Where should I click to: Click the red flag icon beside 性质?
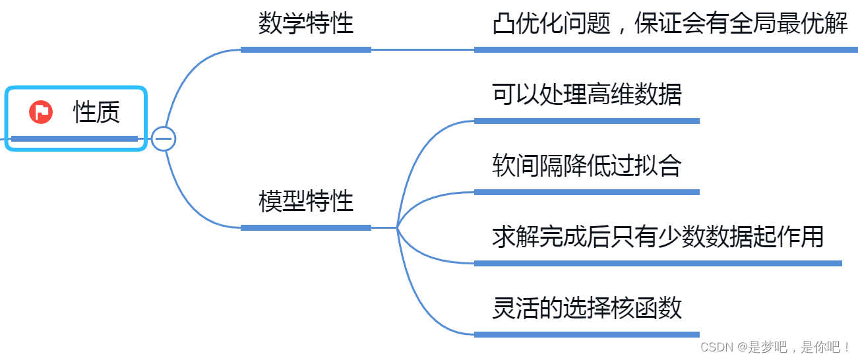coord(41,112)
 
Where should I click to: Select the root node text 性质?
coord(96,113)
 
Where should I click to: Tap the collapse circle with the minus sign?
coord(163,138)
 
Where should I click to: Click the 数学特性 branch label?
coord(306,24)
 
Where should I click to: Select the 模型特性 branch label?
coord(306,201)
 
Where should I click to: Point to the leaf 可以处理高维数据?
coord(587,95)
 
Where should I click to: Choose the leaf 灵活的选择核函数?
coord(587,309)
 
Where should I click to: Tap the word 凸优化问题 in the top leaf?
coord(551,24)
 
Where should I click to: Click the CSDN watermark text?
coord(776,347)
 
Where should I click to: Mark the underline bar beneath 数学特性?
coord(306,49)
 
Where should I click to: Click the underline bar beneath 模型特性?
coord(306,227)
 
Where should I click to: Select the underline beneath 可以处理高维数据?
coord(587,121)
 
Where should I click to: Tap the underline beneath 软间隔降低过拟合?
coord(587,192)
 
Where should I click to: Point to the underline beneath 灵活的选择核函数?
coord(587,334)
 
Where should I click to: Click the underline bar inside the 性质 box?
coord(75,138)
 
